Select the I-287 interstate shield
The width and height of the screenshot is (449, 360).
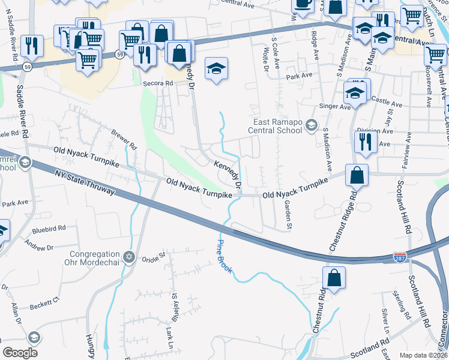(x=399, y=257)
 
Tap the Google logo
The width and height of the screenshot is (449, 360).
(x=20, y=353)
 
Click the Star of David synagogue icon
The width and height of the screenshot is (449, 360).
(x=128, y=257)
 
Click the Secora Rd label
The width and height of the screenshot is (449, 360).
(x=157, y=84)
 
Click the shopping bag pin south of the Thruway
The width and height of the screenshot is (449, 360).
(x=334, y=278)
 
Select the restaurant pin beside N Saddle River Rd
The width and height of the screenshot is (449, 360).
(x=32, y=46)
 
